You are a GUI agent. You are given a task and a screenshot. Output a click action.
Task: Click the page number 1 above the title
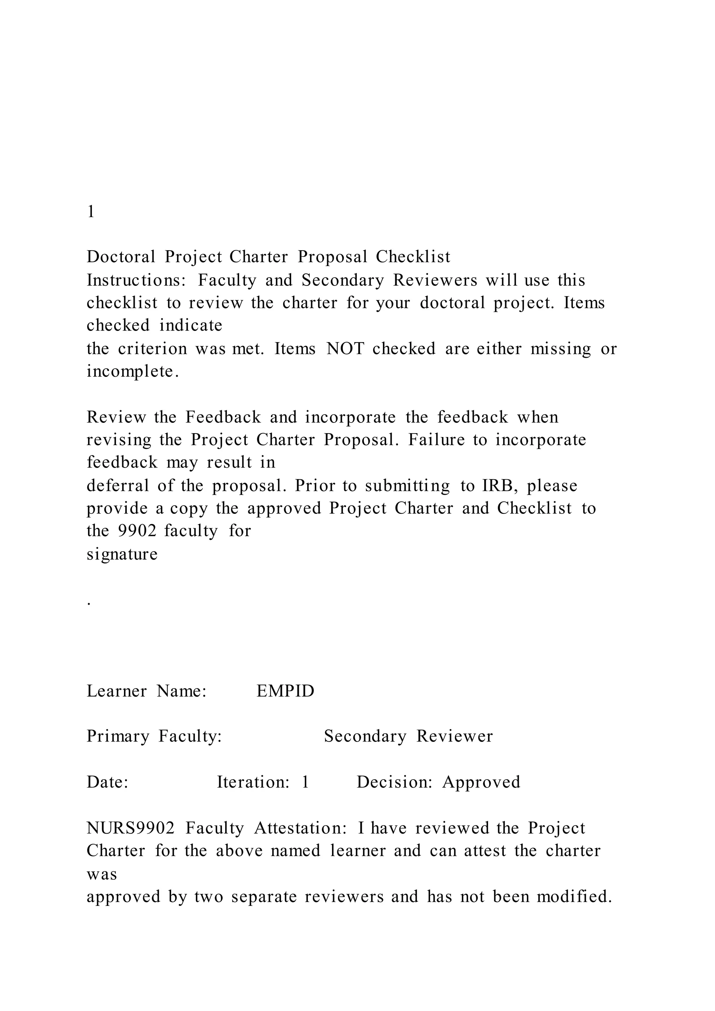91,212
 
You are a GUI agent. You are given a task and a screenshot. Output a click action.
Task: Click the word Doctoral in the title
121,257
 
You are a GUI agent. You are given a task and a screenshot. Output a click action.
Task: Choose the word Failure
436,440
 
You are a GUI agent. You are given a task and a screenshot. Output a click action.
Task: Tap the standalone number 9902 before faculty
137,531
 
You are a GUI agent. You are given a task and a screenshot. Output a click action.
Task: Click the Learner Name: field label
147,691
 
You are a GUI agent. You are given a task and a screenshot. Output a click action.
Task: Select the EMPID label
285,691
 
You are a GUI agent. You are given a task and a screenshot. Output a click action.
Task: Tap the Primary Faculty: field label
154,736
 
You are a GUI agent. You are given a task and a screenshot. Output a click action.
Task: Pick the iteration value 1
305,782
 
